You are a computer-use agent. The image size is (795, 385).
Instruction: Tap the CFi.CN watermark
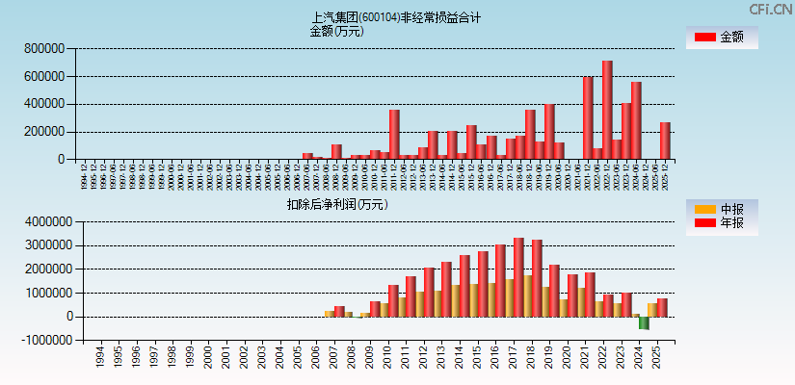tap(771, 9)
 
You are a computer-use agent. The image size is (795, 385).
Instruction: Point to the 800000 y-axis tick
tap(45, 48)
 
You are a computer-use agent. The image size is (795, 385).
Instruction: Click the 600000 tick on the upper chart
tap(45, 76)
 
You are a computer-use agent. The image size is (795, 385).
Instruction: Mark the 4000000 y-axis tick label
tap(41, 221)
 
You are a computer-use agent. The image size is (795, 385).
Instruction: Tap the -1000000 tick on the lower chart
tap(40, 340)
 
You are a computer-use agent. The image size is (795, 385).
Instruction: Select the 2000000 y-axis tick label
tap(41, 269)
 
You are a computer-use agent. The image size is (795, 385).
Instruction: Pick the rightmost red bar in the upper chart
tap(665, 141)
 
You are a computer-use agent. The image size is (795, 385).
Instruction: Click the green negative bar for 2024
tap(644, 322)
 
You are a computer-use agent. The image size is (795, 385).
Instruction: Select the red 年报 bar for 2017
tap(518, 277)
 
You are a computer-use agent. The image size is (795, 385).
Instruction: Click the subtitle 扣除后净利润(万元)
tap(336, 204)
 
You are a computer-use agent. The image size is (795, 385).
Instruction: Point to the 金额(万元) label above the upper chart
tap(336, 31)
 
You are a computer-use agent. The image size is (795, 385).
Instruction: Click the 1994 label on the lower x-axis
tap(100, 358)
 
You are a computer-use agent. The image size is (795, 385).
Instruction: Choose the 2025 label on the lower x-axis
tap(655, 358)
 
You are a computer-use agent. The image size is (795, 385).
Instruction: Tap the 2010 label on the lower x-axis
tap(386, 358)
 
